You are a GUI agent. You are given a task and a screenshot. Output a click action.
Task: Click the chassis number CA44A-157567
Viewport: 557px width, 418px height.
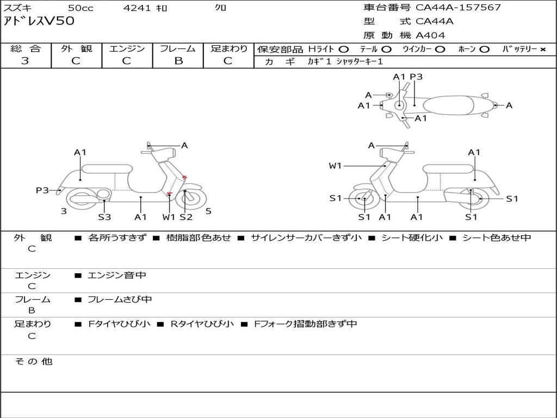pyautogui.click(x=458, y=8)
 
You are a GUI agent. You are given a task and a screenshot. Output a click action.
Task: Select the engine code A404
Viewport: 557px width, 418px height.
pyautogui.click(x=430, y=35)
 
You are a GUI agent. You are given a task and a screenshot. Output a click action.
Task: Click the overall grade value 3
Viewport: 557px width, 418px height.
pyautogui.click(x=25, y=61)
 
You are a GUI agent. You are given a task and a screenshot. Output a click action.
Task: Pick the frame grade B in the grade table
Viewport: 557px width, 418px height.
pyautogui.click(x=178, y=61)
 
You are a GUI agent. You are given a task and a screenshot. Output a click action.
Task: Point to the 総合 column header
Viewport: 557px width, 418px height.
pyautogui.click(x=26, y=49)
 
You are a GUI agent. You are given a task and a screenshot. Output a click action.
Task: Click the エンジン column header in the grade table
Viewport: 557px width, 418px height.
pyautogui.click(x=127, y=49)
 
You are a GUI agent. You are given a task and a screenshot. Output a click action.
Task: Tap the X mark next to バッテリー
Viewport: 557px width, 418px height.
pyautogui.click(x=542, y=50)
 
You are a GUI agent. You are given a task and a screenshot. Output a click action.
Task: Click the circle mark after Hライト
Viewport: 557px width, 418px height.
pyautogui.click(x=343, y=50)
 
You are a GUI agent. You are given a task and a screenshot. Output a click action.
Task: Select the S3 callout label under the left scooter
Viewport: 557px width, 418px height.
pyautogui.click(x=104, y=217)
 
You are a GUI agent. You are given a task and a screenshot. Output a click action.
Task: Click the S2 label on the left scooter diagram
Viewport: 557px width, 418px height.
pyautogui.click(x=186, y=217)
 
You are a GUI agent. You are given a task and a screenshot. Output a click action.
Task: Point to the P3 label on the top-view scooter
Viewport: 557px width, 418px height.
pyautogui.click(x=416, y=77)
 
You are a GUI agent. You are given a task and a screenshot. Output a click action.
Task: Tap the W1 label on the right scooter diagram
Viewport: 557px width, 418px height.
pyautogui.click(x=335, y=165)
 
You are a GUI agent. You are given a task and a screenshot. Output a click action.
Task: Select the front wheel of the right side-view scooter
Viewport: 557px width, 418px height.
pyautogui.click(x=364, y=199)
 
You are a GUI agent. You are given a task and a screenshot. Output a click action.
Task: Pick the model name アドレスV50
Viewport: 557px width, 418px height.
pyautogui.click(x=39, y=22)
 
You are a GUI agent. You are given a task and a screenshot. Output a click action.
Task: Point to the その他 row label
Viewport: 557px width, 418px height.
pyautogui.click(x=33, y=361)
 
